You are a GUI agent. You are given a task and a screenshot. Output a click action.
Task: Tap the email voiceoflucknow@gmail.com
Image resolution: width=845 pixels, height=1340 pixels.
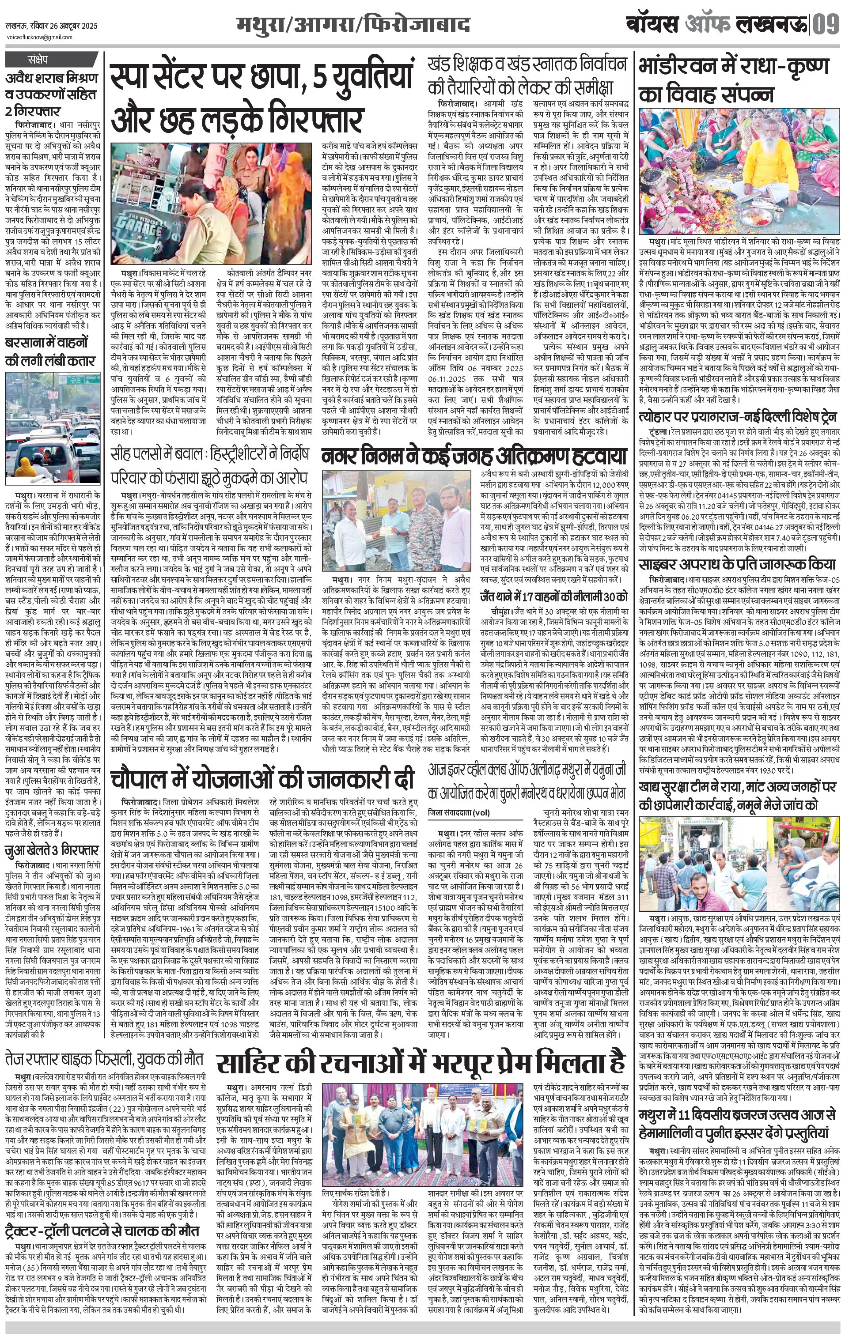pos(39,37)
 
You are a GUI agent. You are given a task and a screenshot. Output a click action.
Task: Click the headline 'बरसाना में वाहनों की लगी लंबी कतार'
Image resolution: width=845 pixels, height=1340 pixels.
pos(50,351)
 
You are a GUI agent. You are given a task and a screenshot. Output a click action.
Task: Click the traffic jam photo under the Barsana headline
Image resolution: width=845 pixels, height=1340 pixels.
pos(53,428)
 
